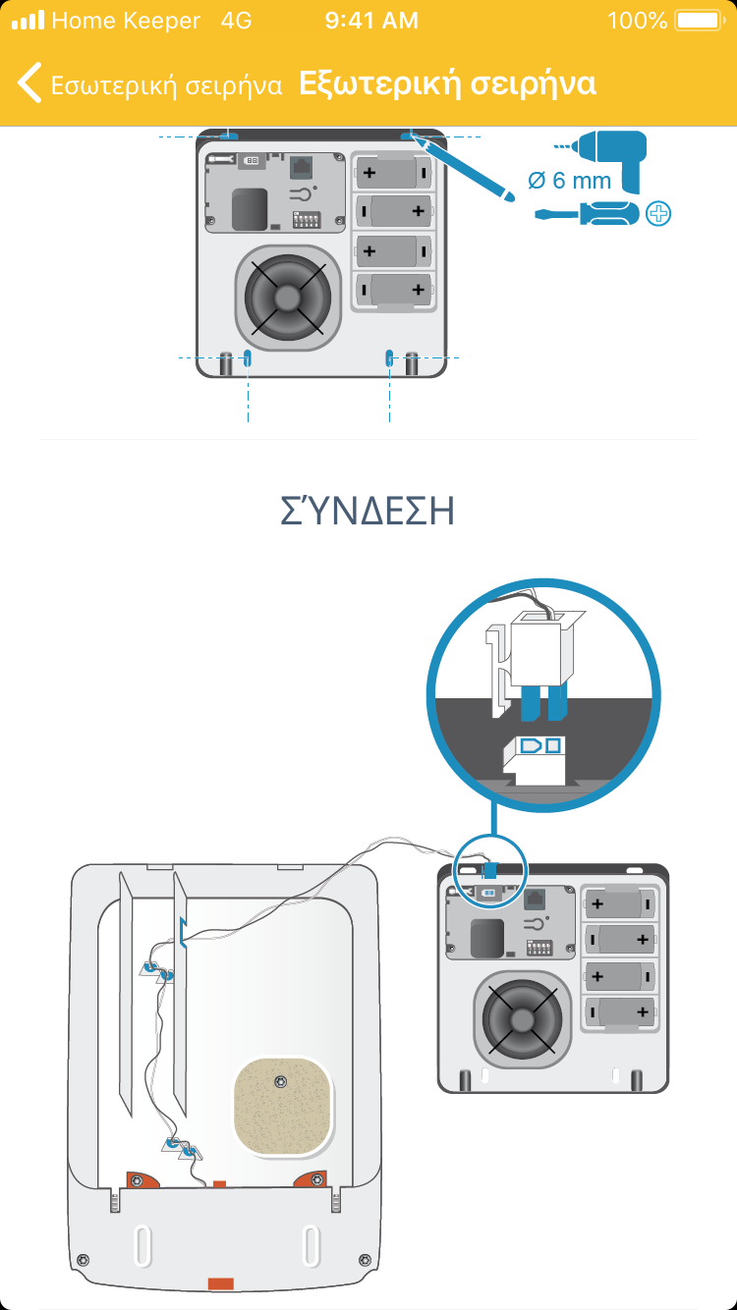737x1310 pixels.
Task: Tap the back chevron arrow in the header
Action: point(29,82)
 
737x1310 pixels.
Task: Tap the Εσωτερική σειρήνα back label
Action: point(166,85)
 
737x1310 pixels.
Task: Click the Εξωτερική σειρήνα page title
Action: point(447,83)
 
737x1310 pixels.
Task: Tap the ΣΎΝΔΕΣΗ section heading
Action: point(368,510)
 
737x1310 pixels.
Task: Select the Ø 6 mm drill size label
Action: point(569,180)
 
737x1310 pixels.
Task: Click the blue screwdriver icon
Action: point(587,213)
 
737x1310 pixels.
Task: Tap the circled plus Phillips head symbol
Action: point(658,213)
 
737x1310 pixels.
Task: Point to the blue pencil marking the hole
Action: point(463,167)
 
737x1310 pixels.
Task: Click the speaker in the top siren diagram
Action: point(287,298)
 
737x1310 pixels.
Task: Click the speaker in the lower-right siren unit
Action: point(522,1019)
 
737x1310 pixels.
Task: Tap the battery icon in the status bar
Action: point(700,21)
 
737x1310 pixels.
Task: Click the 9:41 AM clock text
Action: point(371,21)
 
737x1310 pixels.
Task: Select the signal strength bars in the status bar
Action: point(28,21)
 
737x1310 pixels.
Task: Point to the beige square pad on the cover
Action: point(283,1106)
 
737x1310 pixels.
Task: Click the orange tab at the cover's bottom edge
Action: point(221,1283)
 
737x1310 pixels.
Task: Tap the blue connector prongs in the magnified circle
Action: point(543,702)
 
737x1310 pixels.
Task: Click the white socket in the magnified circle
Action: point(534,760)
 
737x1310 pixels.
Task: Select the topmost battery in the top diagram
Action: point(393,173)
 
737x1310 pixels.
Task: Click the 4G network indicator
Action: point(236,21)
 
